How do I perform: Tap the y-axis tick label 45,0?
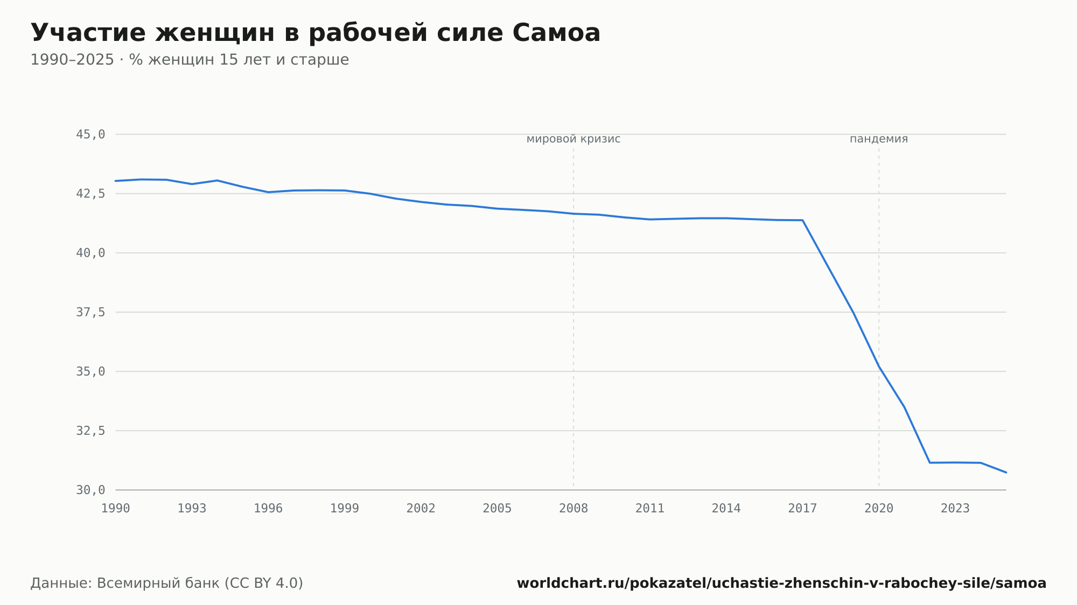(x=90, y=135)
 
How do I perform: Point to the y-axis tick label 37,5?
(x=90, y=312)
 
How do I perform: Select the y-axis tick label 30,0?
(x=90, y=490)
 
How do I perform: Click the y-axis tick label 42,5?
(x=90, y=194)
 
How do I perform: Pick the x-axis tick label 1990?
(x=116, y=509)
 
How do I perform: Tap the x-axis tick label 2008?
(x=574, y=509)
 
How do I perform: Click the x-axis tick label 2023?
(x=955, y=509)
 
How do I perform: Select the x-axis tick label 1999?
(x=345, y=509)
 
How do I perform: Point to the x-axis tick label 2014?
(x=726, y=509)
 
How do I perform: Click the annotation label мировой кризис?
(x=574, y=139)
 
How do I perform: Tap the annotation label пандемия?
(x=879, y=139)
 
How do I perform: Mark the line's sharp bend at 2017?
(x=803, y=220)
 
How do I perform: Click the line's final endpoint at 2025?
(x=1006, y=473)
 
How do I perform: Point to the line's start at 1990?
(x=116, y=181)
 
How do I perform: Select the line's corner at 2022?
(x=930, y=462)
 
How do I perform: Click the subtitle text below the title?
(x=190, y=60)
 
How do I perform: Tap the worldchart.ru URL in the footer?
(x=781, y=583)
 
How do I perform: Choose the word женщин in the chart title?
(x=215, y=34)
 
